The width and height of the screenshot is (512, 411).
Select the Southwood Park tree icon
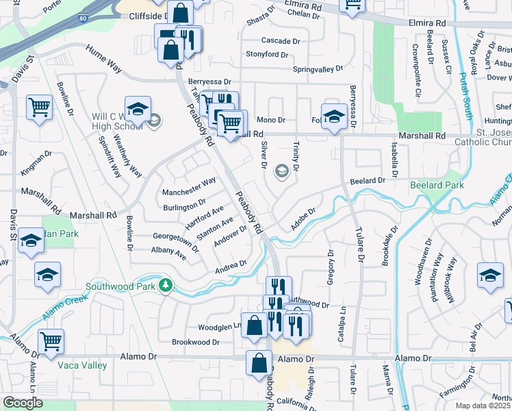tap(164, 285)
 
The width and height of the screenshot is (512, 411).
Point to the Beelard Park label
tap(437, 186)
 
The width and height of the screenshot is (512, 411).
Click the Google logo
tap(23, 403)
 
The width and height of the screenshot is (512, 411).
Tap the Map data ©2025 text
tap(483, 406)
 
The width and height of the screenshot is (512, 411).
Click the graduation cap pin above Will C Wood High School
tap(138, 109)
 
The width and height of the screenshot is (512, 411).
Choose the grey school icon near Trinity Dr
tap(281, 171)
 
